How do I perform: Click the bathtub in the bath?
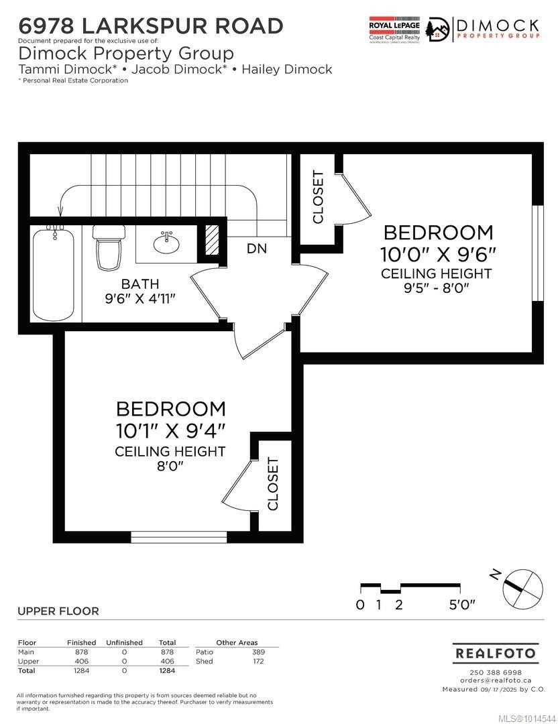[54, 275]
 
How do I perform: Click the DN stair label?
[256, 249]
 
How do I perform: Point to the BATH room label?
[140, 284]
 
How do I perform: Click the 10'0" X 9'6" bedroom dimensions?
[438, 255]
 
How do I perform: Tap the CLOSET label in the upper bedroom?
[318, 197]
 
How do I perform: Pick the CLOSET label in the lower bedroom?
[273, 484]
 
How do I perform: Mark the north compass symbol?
[522, 587]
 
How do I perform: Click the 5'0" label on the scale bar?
[461, 605]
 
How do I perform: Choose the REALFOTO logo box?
[495, 653]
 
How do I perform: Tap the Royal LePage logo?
[394, 29]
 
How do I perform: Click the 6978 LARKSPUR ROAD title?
[151, 26]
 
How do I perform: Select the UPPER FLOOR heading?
[58, 611]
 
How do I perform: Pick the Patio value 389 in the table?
[258, 652]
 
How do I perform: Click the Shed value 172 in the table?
[258, 661]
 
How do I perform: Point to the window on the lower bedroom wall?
[178, 536]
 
